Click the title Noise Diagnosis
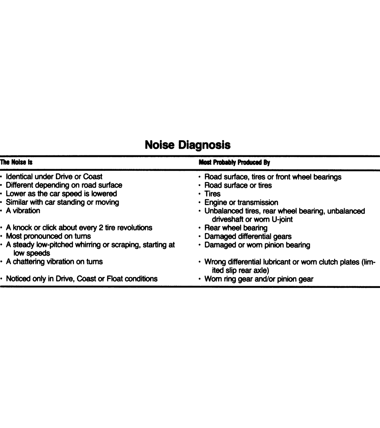pos(187,145)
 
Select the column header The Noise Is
pos(16,162)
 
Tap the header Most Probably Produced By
pos(234,162)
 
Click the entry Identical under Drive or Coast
pos(54,176)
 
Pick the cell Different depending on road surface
pos(64,185)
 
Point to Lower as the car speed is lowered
pos(61,194)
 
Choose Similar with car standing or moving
pos(62,202)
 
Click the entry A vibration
pos(23,211)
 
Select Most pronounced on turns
pos(48,236)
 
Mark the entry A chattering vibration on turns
pos(54,262)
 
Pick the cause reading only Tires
pos(212,194)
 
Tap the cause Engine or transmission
pos(241,202)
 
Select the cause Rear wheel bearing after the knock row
pos(236,228)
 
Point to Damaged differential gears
pos(248,236)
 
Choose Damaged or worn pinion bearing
pos(257,245)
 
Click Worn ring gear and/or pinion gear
pos(259,279)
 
